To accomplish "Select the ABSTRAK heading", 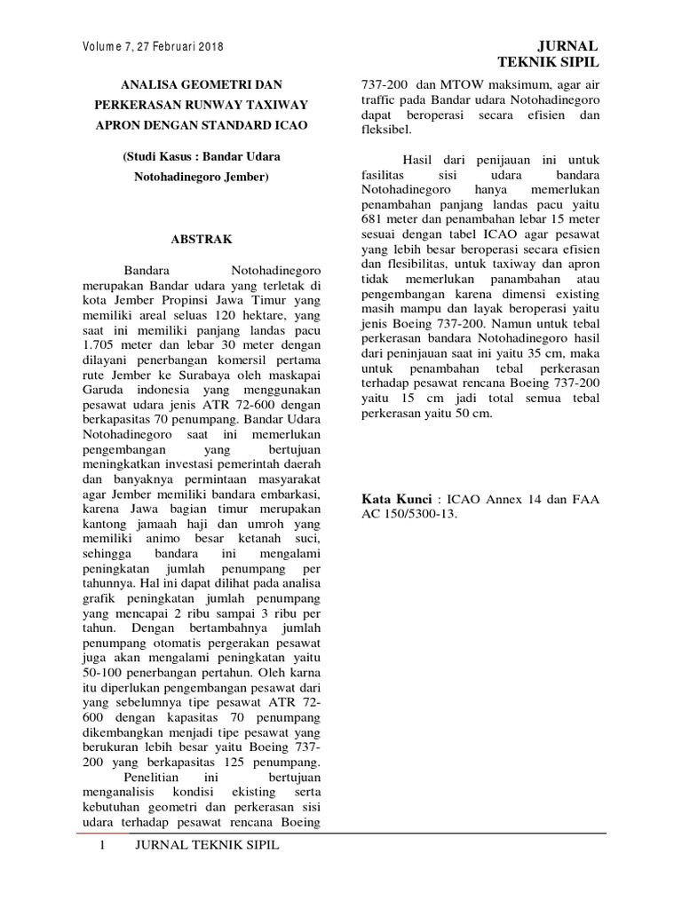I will [x=201, y=239].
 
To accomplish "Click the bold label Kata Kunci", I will [x=396, y=500].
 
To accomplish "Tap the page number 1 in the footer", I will [x=103, y=845].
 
